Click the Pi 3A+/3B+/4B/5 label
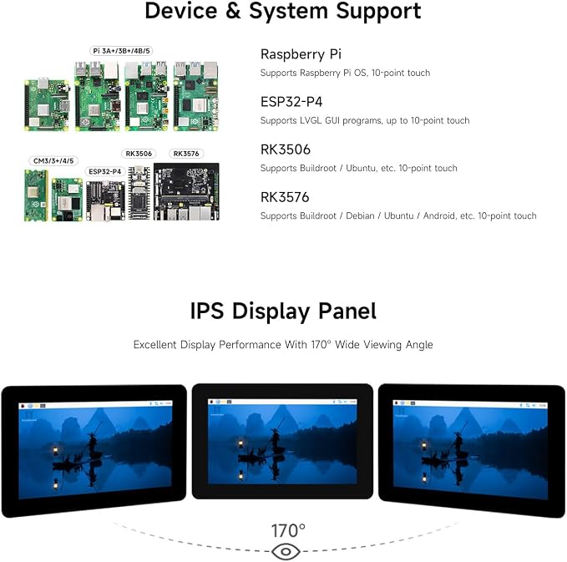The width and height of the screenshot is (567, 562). (x=121, y=51)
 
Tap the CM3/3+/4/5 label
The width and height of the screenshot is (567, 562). (x=53, y=160)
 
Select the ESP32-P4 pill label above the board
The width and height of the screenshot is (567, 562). (x=105, y=171)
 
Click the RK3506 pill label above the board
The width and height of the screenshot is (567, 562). (x=139, y=154)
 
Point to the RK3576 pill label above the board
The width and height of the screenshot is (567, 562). (x=186, y=154)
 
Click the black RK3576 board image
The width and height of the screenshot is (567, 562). (x=186, y=192)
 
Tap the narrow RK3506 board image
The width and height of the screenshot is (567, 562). (x=139, y=193)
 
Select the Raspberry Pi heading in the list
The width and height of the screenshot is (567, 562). (x=301, y=54)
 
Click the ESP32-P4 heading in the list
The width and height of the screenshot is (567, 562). (x=291, y=102)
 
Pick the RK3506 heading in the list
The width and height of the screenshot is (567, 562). (x=286, y=149)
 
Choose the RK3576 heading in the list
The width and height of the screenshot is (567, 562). (x=285, y=197)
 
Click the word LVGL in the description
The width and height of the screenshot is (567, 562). (x=311, y=120)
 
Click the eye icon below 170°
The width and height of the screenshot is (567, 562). (x=286, y=552)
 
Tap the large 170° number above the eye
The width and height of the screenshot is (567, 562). (x=288, y=531)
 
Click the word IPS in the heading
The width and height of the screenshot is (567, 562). (x=207, y=311)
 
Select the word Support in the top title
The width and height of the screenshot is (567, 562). (x=378, y=12)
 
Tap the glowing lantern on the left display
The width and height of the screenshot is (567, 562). (x=56, y=450)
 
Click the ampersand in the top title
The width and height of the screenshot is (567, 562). (x=233, y=11)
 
